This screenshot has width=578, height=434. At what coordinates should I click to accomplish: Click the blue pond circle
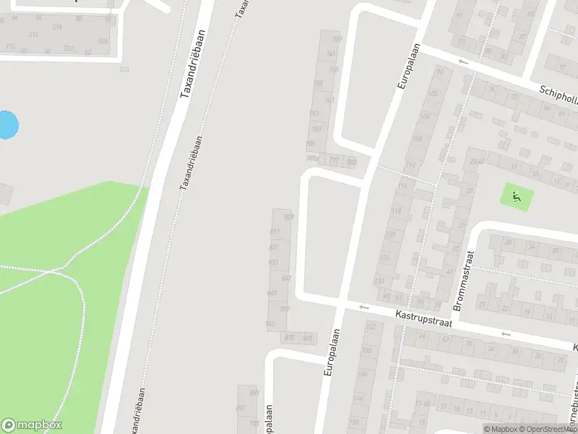pyautogui.click(x=7, y=124)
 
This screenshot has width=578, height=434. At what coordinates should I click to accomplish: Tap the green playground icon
pyautogui.click(x=514, y=195)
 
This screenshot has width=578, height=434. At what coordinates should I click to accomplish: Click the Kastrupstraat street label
pyautogui.click(x=423, y=318)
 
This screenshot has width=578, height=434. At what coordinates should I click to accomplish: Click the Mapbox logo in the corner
pyautogui.click(x=31, y=425)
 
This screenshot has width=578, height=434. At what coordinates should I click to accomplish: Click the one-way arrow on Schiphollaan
pyautogui.click(x=463, y=62)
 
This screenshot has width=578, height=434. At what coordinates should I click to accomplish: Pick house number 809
pyautogui.click(x=290, y=217)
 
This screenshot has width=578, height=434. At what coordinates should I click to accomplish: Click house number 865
pyautogui.click(x=271, y=323)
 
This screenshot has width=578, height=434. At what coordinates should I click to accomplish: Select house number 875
pyautogui.click(x=290, y=337)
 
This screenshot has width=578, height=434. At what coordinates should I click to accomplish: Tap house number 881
pyautogui.click(x=307, y=337)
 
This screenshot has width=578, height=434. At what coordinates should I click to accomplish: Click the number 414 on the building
pyautogui.click(x=33, y=34)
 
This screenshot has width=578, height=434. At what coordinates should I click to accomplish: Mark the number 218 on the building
pyautogui.click(x=58, y=27)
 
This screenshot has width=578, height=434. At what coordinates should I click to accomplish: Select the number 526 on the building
pyautogui.click(x=103, y=41)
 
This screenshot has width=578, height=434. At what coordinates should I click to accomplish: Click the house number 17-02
pyautogui.click(x=423, y=404)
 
